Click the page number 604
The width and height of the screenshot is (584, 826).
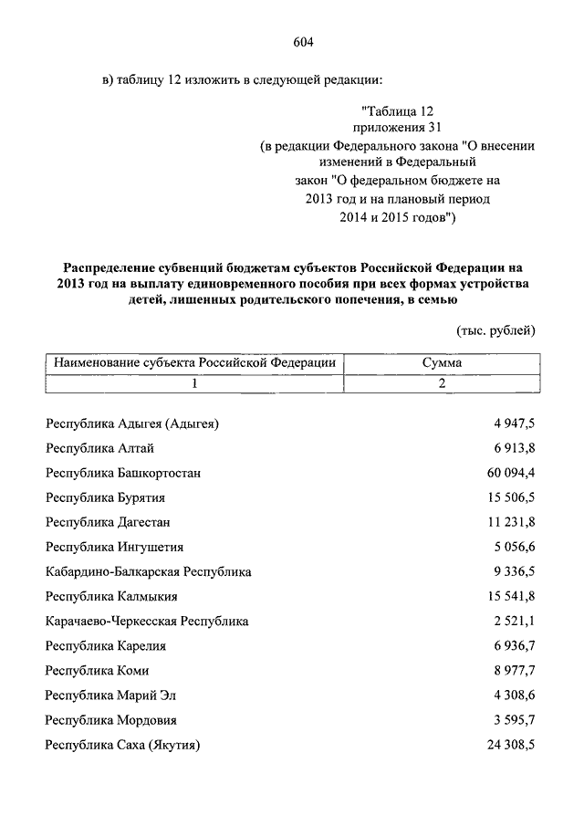tap(304, 41)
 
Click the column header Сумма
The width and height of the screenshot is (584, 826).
tap(441, 362)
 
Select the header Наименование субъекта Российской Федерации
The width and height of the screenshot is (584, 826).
tap(195, 362)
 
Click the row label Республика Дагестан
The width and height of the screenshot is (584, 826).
tap(108, 522)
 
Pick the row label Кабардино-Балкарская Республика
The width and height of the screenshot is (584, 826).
tap(149, 572)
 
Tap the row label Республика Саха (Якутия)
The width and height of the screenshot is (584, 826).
tap(122, 745)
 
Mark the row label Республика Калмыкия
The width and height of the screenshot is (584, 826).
tap(111, 597)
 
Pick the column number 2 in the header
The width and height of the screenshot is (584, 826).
tap(442, 383)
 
